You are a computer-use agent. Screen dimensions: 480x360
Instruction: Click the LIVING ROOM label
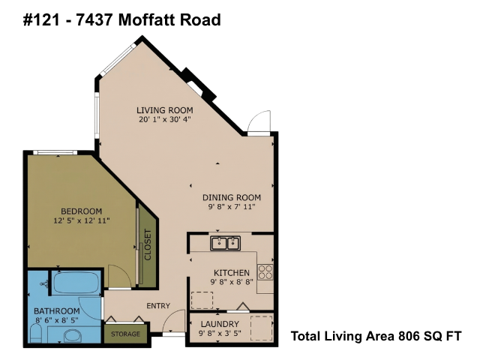165,110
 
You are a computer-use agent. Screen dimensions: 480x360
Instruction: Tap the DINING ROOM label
232,197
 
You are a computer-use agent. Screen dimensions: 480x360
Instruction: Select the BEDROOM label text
82,211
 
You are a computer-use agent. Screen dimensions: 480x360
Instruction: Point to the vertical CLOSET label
148,245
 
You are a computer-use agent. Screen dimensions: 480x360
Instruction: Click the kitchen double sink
225,243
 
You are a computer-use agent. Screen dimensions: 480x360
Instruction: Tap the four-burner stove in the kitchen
265,272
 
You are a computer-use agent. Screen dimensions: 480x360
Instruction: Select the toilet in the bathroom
36,334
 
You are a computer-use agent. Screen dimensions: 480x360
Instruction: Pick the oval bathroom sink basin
73,336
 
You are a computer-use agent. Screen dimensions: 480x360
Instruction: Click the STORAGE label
125,334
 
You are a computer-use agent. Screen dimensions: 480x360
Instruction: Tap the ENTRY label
158,306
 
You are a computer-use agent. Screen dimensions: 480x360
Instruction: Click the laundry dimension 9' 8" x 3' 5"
220,333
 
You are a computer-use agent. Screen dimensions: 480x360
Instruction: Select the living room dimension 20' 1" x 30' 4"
165,119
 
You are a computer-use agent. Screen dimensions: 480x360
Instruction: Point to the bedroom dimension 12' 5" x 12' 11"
82,220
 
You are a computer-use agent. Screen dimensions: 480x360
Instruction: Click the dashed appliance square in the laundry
262,328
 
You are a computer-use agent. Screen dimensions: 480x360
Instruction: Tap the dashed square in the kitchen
202,300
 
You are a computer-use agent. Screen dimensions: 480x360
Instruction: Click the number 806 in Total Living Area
409,336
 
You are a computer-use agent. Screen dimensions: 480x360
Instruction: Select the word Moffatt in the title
147,20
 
